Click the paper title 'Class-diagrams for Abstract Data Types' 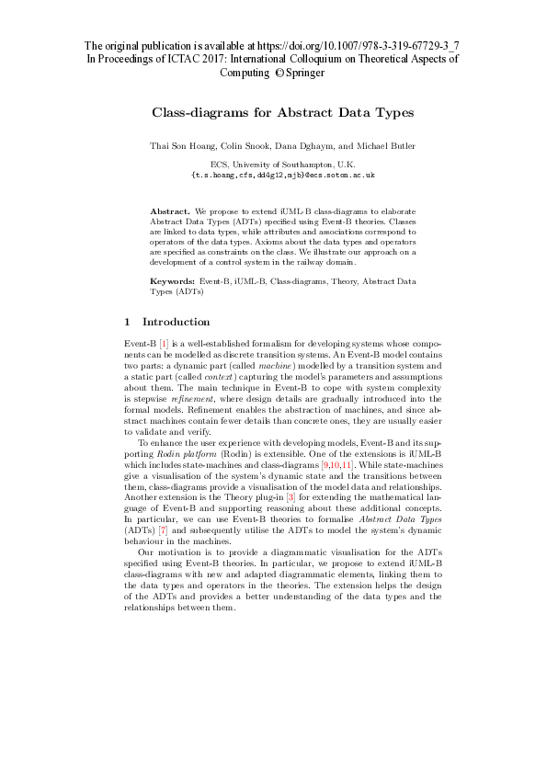(283, 112)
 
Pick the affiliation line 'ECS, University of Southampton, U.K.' (282, 163)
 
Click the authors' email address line (282, 173)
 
